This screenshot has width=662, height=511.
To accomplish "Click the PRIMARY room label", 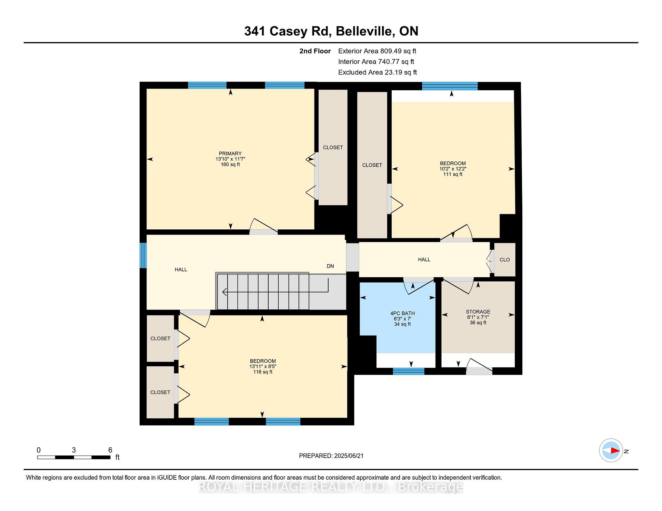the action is [x=230, y=154].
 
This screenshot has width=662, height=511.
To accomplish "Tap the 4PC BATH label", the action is [x=402, y=313].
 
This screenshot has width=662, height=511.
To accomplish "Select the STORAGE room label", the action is [x=478, y=312].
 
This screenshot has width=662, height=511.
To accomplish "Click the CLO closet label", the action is [x=505, y=260].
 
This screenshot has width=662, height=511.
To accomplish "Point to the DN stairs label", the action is [x=330, y=266].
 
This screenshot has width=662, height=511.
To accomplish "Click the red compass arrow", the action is [x=615, y=450].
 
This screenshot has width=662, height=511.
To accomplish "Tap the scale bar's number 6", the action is [x=110, y=450].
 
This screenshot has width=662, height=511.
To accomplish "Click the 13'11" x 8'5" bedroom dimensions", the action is [x=263, y=366].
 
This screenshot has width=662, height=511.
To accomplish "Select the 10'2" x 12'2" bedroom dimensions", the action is [x=453, y=169].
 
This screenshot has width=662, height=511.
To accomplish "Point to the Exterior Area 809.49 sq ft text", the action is [x=377, y=51].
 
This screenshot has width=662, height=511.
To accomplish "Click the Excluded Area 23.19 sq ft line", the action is [x=378, y=72].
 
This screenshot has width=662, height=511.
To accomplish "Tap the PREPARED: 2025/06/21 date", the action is [x=331, y=456].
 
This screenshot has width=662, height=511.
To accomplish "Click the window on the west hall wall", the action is [x=143, y=255].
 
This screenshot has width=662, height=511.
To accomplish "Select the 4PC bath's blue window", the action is [x=409, y=371].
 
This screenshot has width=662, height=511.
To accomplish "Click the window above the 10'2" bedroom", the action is [x=450, y=86].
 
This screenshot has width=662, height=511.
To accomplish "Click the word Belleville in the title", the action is [x=365, y=31].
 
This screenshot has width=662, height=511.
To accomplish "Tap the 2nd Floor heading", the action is [x=315, y=51].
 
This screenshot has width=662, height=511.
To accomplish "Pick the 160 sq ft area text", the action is [x=230, y=165].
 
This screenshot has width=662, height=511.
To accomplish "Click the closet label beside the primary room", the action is [x=333, y=147].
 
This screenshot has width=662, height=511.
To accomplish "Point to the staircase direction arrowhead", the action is [x=224, y=292].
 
